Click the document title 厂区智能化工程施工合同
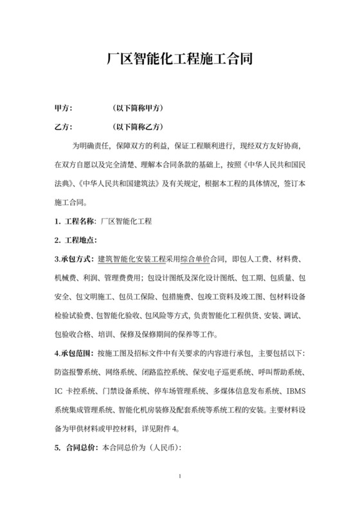pyautogui.click(x=179, y=61)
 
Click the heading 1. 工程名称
pyautogui.click(x=75, y=222)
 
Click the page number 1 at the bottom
pyautogui.click(x=181, y=476)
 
